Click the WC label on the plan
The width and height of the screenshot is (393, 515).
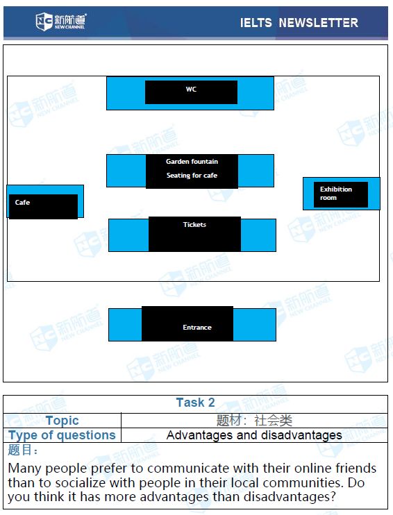tap(191, 90)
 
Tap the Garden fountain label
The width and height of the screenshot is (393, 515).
tap(192, 162)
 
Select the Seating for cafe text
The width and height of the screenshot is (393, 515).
tap(192, 176)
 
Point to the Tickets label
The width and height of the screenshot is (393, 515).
tap(194, 225)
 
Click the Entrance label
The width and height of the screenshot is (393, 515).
tap(197, 328)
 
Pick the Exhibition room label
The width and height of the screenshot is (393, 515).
tap(336, 194)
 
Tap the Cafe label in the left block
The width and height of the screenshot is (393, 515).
tap(22, 203)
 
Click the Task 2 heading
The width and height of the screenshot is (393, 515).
tap(196, 403)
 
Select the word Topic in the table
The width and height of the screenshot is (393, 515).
tap(62, 421)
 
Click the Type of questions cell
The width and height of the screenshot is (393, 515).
tap(62, 435)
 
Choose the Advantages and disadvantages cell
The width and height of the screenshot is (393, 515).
tap(254, 435)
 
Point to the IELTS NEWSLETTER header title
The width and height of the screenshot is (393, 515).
tap(299, 23)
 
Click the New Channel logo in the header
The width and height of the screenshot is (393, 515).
tap(61, 22)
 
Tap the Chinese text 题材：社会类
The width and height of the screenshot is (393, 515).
tap(254, 421)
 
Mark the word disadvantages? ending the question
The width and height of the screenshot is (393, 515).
tap(290, 497)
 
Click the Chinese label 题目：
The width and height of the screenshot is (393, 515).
tap(22, 450)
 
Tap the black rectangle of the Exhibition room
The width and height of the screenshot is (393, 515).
tap(341, 194)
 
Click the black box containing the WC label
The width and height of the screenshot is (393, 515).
tap(191, 92)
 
